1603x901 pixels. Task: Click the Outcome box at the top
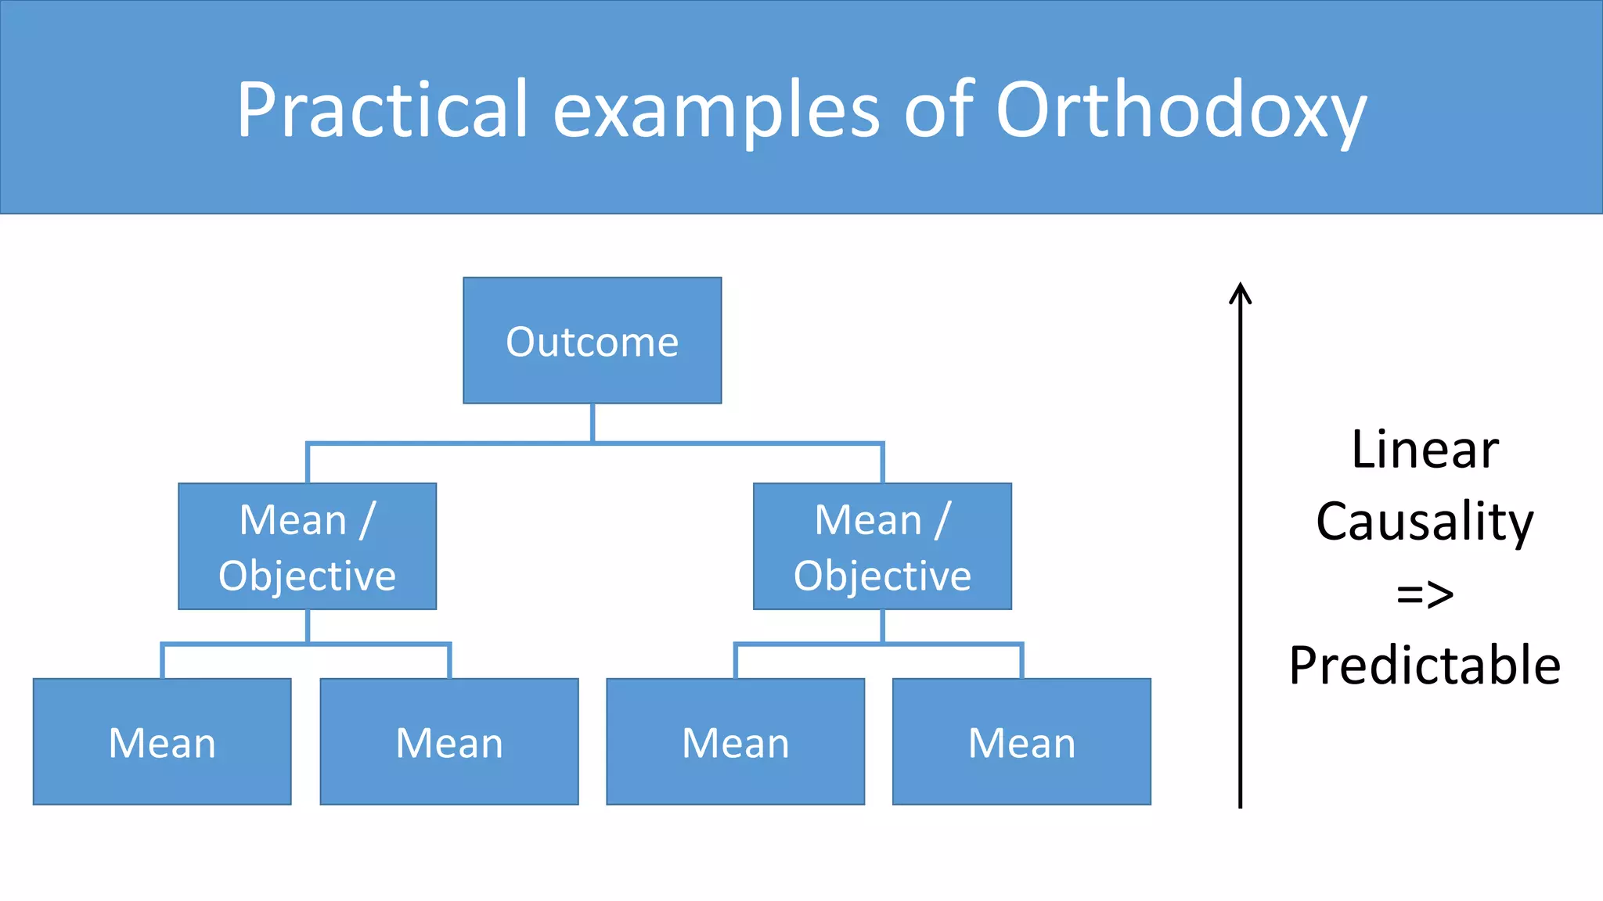[x=592, y=340]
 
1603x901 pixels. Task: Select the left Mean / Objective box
[x=307, y=546]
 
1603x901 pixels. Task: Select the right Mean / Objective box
[x=882, y=546]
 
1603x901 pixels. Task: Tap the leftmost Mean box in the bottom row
[x=162, y=741]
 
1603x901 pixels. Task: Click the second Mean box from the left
[x=449, y=741]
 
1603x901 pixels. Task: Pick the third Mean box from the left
[x=736, y=741]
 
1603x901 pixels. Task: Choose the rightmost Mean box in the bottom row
[x=1021, y=741]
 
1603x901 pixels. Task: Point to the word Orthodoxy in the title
[x=1180, y=111]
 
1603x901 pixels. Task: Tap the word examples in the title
[x=716, y=111]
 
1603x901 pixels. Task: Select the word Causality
[x=1425, y=522]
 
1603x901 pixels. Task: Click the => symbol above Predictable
[x=1425, y=594]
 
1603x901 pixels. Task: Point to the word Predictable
[x=1425, y=666]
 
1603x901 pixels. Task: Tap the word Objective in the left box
[x=307, y=576]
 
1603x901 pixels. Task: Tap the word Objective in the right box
[x=882, y=576]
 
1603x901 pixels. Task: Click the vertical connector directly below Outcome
[x=593, y=422]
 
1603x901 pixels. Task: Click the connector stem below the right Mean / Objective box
[x=882, y=626]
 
